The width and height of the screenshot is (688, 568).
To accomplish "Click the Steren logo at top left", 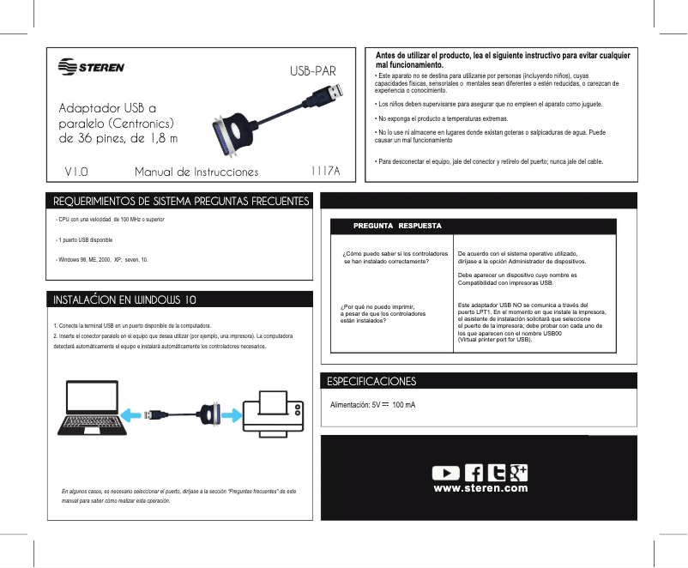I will point(90,67).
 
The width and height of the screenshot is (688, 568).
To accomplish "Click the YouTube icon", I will point(445,472).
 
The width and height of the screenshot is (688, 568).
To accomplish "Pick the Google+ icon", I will point(517,471).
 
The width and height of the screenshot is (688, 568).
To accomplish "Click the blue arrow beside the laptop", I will point(133,414).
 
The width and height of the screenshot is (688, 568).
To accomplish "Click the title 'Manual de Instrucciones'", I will point(196,172).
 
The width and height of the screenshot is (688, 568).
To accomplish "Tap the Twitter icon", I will point(497,472).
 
